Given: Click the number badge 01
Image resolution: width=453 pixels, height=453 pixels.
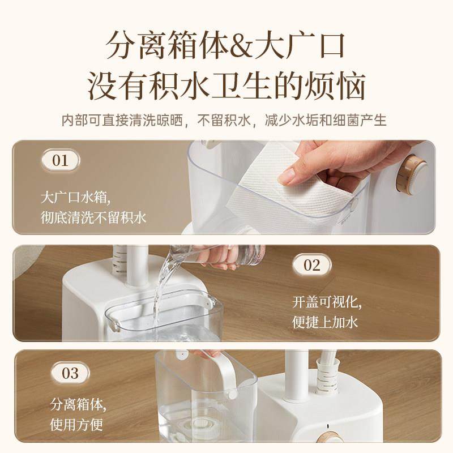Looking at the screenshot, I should tap(60, 160).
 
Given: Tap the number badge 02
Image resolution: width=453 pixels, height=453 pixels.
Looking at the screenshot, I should tap(312, 264).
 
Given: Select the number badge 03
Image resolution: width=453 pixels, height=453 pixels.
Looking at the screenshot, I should tap(70, 373).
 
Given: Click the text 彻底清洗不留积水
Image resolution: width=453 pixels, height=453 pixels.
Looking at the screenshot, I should tap(94, 217).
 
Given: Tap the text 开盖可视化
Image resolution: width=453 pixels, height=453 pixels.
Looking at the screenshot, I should tap(327, 301).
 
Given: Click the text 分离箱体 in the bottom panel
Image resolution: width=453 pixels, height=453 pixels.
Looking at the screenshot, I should tap(78, 405).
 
